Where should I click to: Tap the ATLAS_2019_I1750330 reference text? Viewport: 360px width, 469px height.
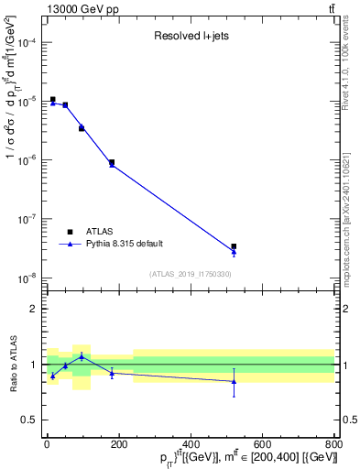191,274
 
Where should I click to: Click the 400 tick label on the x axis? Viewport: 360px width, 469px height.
191,444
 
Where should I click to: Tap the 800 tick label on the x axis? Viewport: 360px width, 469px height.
333,444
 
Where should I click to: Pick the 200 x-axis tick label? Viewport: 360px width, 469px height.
118,444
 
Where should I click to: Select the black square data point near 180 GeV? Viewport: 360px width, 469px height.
111,162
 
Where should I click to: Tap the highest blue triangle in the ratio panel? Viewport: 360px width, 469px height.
82,355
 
